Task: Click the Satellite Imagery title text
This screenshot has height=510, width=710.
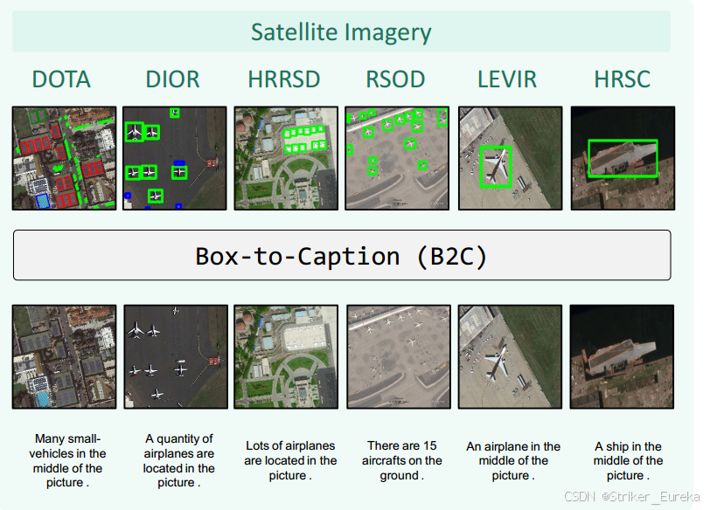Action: [341, 32]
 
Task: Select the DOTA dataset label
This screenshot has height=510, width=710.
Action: [61, 79]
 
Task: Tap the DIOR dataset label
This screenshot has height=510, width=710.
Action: [172, 79]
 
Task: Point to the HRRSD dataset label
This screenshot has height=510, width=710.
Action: [284, 79]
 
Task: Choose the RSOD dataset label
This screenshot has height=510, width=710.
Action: [395, 79]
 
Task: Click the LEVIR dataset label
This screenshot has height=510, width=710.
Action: [507, 79]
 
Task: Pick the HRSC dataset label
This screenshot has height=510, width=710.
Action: [623, 79]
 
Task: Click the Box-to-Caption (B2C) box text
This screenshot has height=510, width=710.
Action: [341, 257]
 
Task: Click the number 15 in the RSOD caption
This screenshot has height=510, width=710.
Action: [429, 445]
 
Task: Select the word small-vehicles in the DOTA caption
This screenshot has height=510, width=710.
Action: [67, 446]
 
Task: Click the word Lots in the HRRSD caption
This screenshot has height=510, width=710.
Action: [256, 445]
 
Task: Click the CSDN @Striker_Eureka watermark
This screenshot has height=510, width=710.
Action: [632, 497]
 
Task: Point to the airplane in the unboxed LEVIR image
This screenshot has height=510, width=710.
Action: [496, 362]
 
